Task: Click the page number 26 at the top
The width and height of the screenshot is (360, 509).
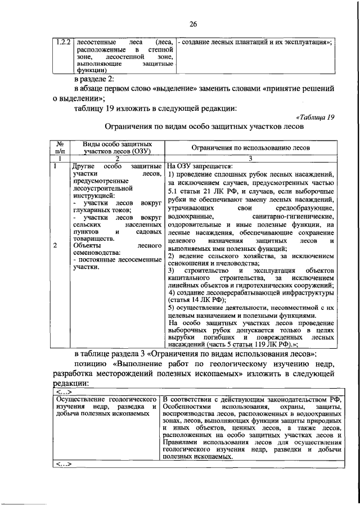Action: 193,24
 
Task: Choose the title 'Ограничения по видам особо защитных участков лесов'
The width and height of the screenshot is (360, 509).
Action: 205,128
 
